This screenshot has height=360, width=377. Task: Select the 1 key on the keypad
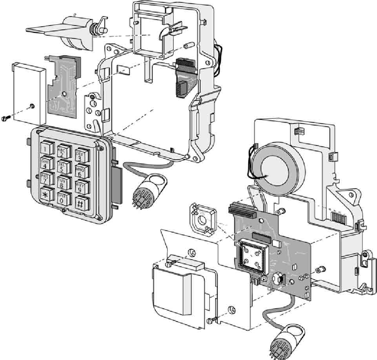46,148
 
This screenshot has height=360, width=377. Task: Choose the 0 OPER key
62,198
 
